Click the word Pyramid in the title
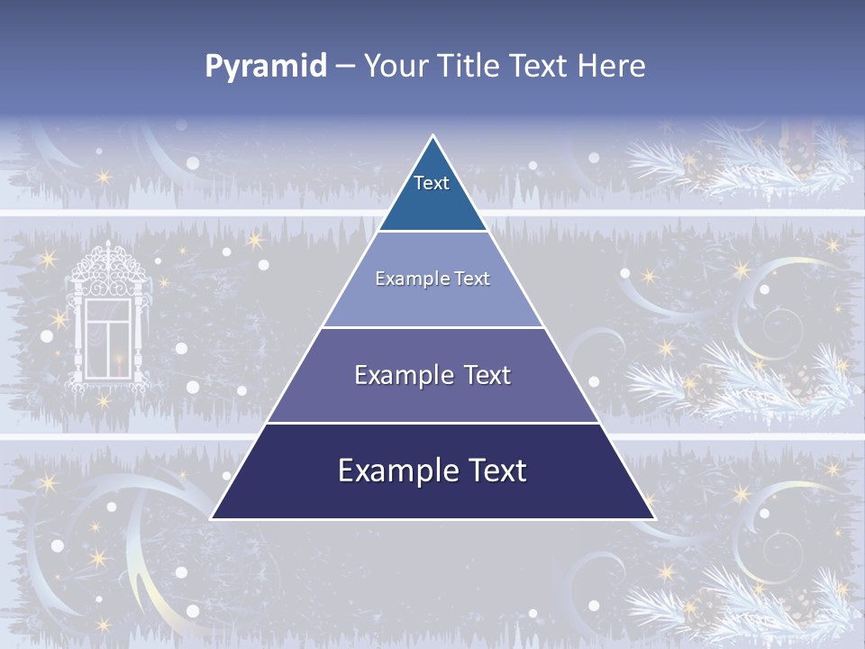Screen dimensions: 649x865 pyautogui.click(x=266, y=67)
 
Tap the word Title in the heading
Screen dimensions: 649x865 pyautogui.click(x=469, y=67)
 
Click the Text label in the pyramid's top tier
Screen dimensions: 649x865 pyautogui.click(x=432, y=183)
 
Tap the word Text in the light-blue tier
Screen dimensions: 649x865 pyautogui.click(x=473, y=279)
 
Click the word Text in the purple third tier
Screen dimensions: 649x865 pyautogui.click(x=487, y=375)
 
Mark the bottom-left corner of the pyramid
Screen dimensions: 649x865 pyautogui.click(x=212, y=518)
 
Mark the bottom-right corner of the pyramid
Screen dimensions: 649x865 pyautogui.click(x=654, y=518)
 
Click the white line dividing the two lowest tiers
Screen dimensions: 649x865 pyautogui.click(x=432, y=423)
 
